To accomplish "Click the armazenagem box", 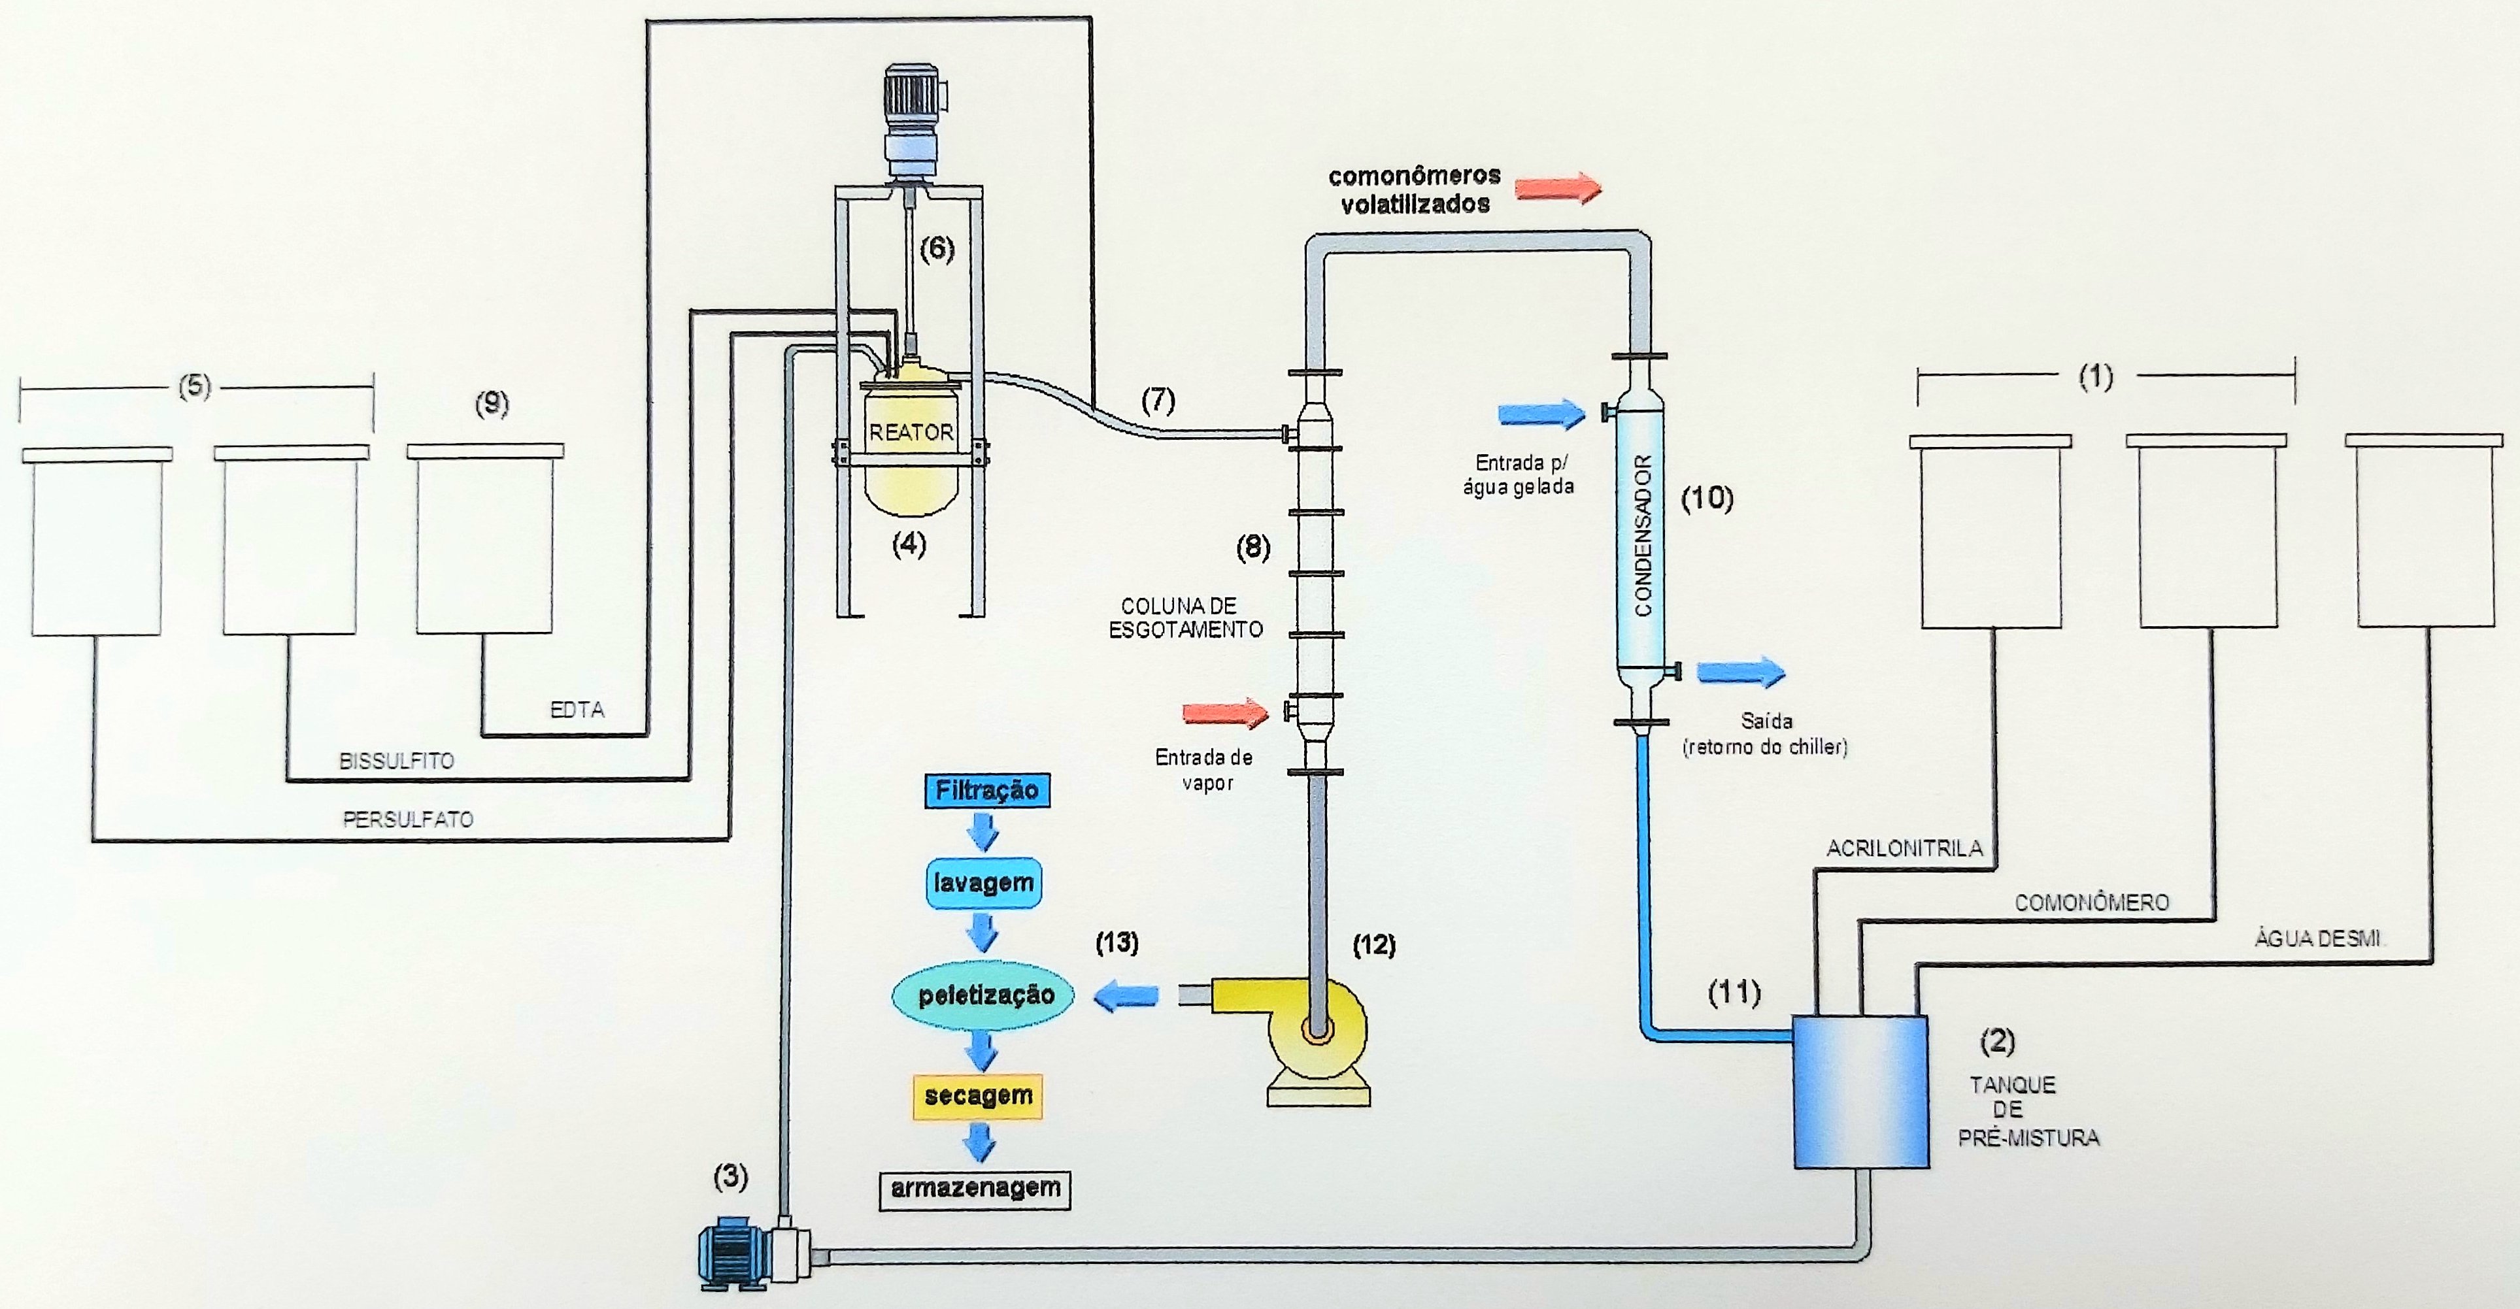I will pyautogui.click(x=975, y=1189).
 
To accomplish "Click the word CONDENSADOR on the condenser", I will pyautogui.click(x=1643, y=535).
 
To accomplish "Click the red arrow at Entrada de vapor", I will pyautogui.click(x=1226, y=712).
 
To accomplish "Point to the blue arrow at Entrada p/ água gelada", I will pyautogui.click(x=1541, y=414).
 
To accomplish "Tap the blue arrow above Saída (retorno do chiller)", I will pyautogui.click(x=1740, y=672).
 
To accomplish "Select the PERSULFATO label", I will pyautogui.click(x=408, y=820).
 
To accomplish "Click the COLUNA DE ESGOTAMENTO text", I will pyautogui.click(x=1184, y=618).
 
